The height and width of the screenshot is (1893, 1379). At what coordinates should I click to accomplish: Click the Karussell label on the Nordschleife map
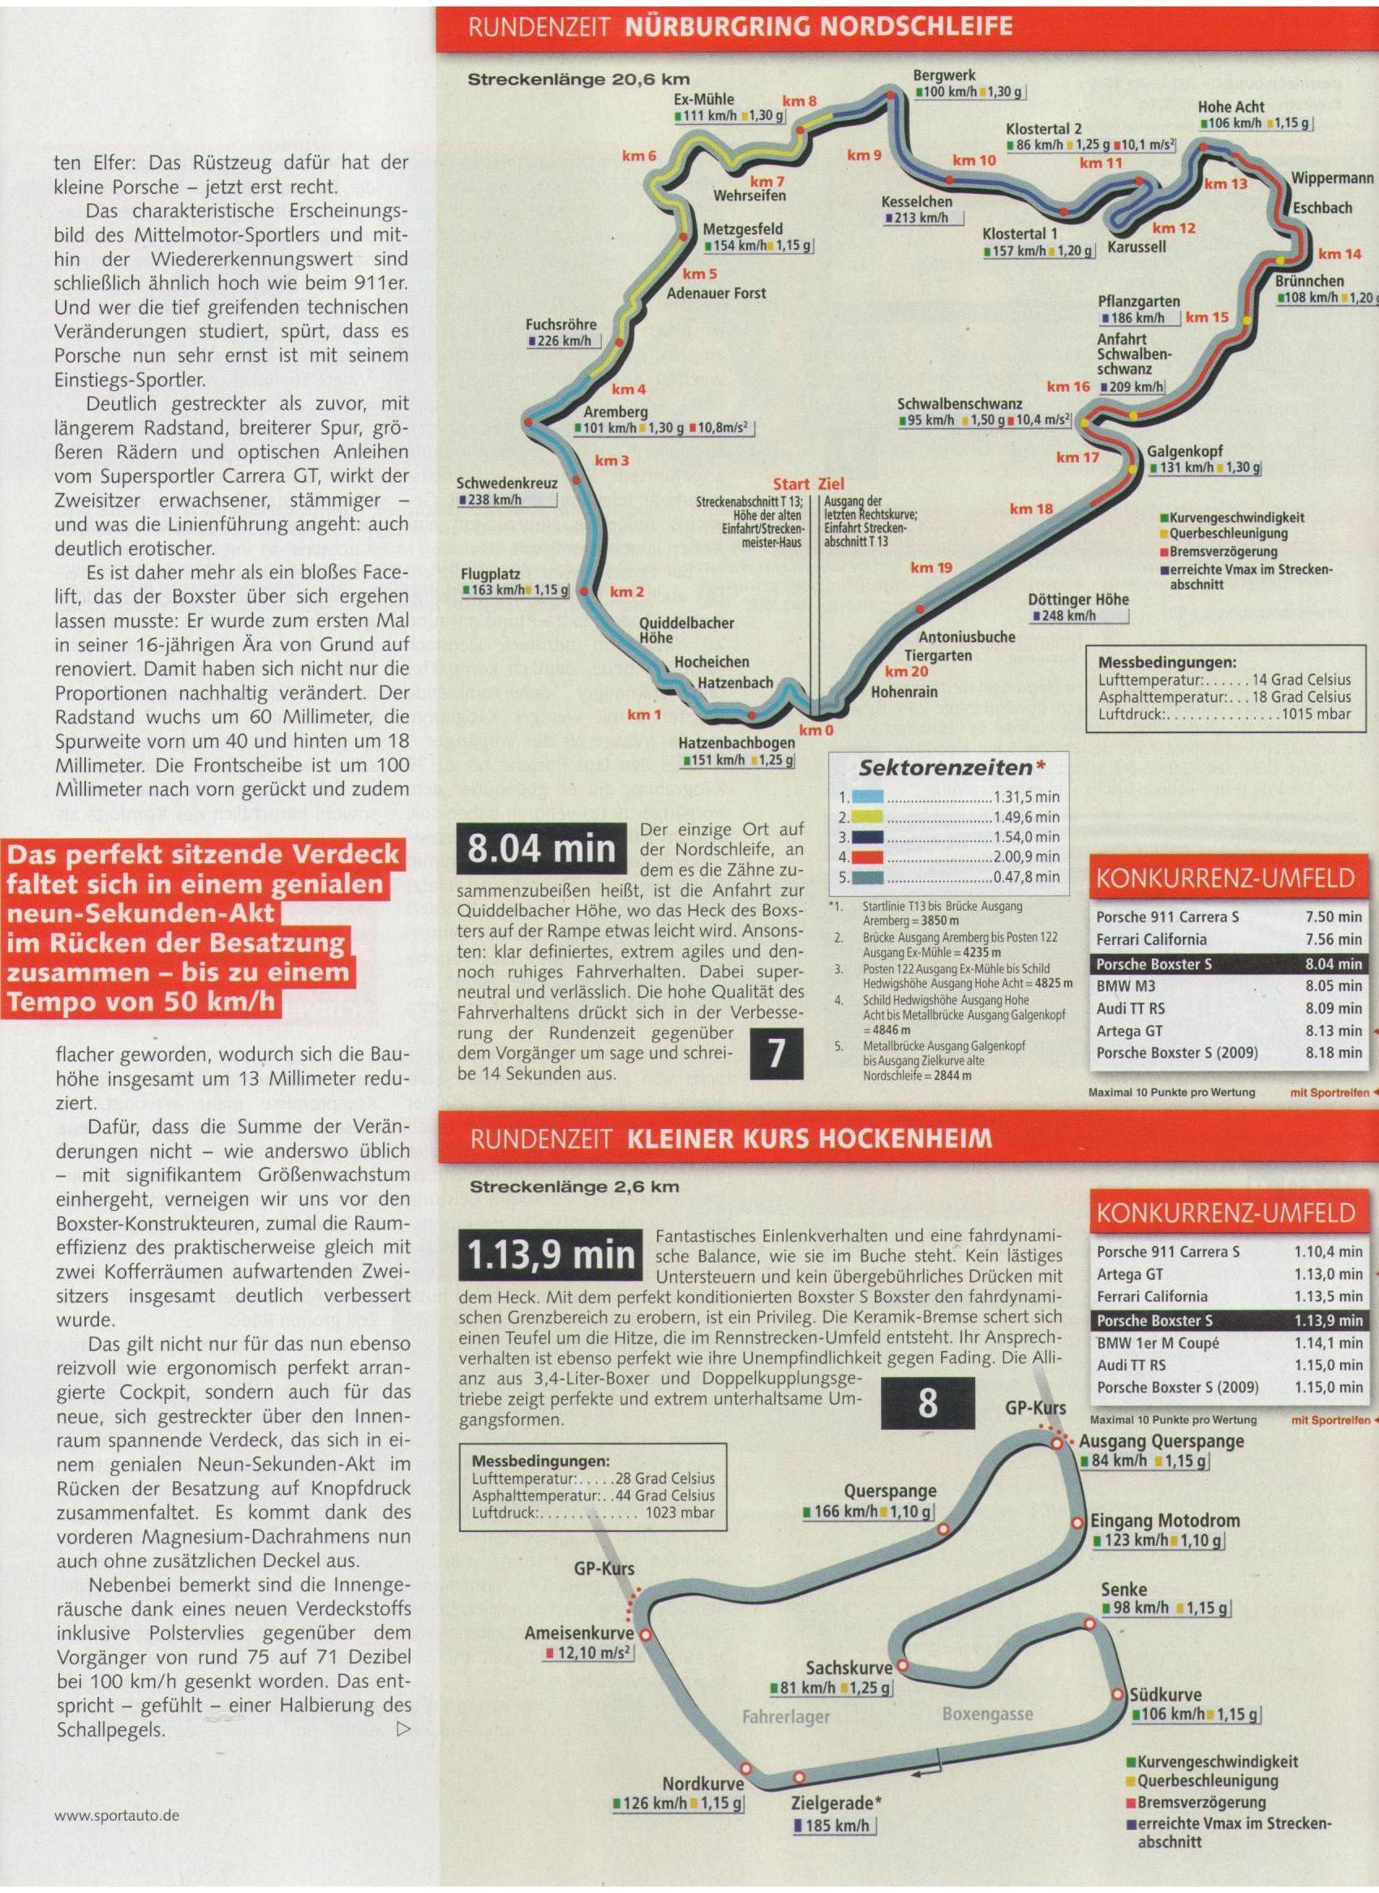(1137, 247)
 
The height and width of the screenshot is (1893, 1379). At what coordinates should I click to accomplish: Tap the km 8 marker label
(799, 102)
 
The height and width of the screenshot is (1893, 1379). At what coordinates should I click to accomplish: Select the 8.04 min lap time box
(542, 849)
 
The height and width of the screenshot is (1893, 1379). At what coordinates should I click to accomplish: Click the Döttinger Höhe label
(1079, 599)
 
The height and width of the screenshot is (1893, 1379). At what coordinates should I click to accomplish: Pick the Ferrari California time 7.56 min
(1333, 940)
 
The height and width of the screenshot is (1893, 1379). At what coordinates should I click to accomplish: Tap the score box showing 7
(776, 1054)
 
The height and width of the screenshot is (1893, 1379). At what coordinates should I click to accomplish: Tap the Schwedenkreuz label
(507, 483)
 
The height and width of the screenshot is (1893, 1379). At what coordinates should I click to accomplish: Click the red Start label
(792, 484)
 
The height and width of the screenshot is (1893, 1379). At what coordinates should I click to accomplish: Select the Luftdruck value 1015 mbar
(1318, 715)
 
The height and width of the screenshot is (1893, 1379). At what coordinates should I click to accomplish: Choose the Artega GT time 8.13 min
(1333, 1031)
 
